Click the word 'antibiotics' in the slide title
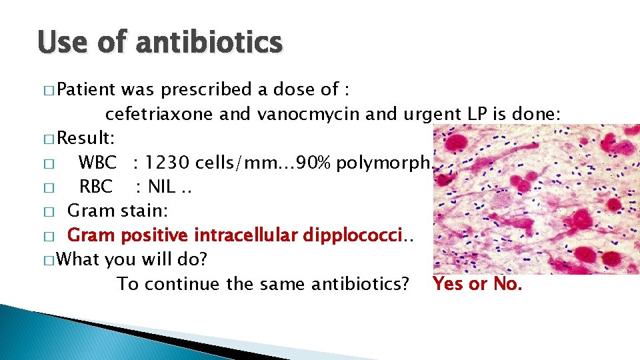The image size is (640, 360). click(x=209, y=43)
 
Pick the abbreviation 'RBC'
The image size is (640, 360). click(x=96, y=187)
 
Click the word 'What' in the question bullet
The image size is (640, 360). click(x=80, y=259)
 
